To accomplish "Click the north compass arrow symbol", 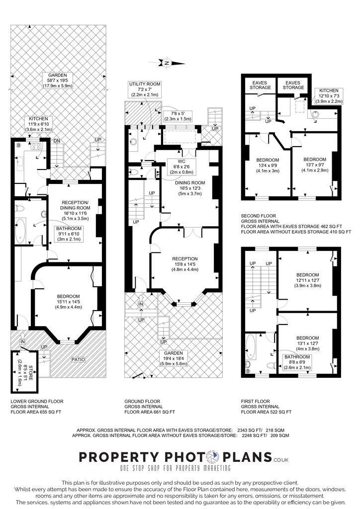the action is tap(167, 63).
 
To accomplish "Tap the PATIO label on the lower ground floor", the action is tap(78, 360).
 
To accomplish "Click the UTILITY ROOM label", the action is tap(145, 84).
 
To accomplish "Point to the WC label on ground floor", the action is tap(182, 162).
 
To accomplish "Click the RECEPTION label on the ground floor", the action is tap(185, 258).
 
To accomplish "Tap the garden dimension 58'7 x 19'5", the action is tap(58, 81).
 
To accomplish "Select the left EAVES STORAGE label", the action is tap(260, 85).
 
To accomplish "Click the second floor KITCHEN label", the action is tap(329, 90).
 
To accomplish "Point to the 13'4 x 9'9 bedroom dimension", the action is tap(268, 166).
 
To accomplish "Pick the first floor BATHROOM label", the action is tap(297, 357).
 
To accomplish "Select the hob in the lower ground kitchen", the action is tap(36, 146).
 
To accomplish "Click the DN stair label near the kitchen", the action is tap(57, 141).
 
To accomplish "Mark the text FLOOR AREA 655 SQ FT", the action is tap(36, 412).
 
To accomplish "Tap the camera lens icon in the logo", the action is tap(213, 457).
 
